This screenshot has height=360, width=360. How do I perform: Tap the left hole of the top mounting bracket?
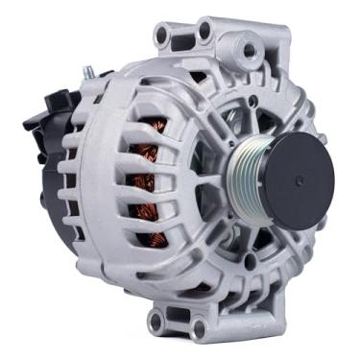[x=162, y=36]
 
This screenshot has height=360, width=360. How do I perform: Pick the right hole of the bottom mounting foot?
[x=200, y=329]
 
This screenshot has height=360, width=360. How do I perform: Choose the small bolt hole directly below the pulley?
[x=251, y=260]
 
